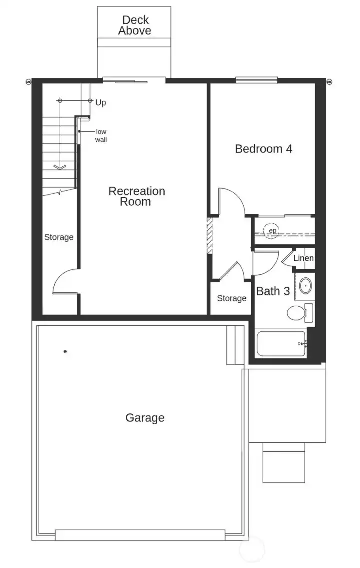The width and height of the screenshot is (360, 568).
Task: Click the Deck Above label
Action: [x=134, y=25]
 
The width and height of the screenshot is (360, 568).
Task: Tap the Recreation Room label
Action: [x=136, y=196]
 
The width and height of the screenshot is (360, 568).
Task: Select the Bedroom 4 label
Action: [x=263, y=149]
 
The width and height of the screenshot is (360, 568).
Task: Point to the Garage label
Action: [x=145, y=418]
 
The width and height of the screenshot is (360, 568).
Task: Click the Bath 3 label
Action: [x=273, y=291]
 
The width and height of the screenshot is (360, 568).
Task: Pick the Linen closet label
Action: [x=303, y=258]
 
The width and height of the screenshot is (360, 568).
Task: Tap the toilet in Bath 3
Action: [x=298, y=313]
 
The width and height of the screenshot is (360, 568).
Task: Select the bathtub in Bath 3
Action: [x=280, y=344]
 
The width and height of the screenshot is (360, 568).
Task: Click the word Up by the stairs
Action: [x=101, y=103]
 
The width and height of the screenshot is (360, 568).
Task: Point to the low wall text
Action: [x=101, y=136]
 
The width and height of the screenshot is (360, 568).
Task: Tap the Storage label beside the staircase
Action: [x=59, y=237]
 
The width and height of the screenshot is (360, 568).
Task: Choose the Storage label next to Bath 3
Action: [x=231, y=298]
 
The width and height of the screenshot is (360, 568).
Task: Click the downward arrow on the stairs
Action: [x=59, y=167]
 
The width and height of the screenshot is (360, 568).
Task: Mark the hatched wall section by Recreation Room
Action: [x=210, y=235]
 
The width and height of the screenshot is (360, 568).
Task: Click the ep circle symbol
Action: [x=272, y=231]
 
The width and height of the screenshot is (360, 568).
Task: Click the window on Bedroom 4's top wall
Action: [x=256, y=79]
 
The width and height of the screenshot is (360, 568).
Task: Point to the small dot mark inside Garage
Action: [x=65, y=352]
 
